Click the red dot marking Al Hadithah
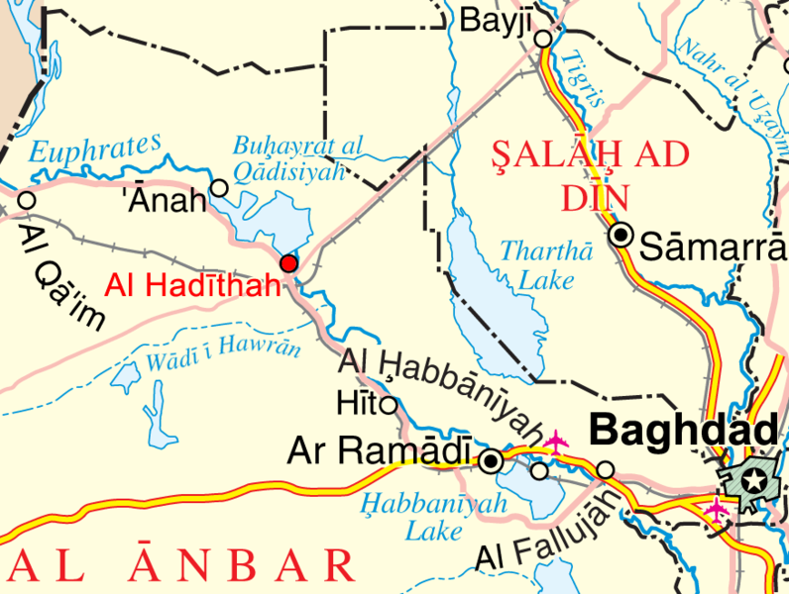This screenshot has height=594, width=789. click(288, 263)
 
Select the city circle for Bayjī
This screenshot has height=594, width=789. click(543, 39)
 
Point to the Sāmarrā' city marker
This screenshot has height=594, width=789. click(621, 235)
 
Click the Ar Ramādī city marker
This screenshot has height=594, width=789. click(491, 460)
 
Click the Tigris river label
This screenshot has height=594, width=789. click(572, 78)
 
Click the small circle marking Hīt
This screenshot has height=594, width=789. click(390, 405)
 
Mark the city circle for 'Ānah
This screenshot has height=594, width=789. click(220, 187)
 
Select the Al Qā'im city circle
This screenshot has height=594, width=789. click(27, 201)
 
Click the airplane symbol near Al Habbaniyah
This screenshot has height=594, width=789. click(556, 441)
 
